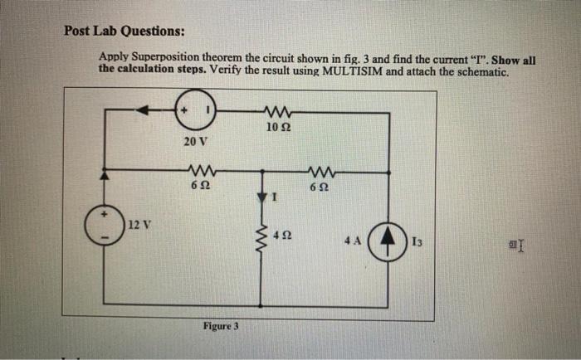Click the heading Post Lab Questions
point(125,32)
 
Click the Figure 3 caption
point(221,326)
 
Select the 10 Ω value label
point(278,127)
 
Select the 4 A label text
point(354,241)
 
